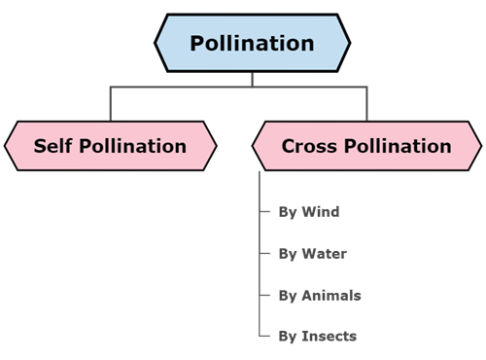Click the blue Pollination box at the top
[252, 44]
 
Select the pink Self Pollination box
[110, 146]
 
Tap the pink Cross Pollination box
[365, 146]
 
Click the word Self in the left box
[52, 146]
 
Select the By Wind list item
[308, 211]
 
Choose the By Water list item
[312, 253]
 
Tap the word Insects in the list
[329, 337]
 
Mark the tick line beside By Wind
[265, 211]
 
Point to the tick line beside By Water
[265, 253]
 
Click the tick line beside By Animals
[265, 295]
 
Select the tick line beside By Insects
[265, 337]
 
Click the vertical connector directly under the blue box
[252, 79]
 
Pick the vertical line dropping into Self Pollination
[110, 103]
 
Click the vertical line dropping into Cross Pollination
[366, 103]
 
